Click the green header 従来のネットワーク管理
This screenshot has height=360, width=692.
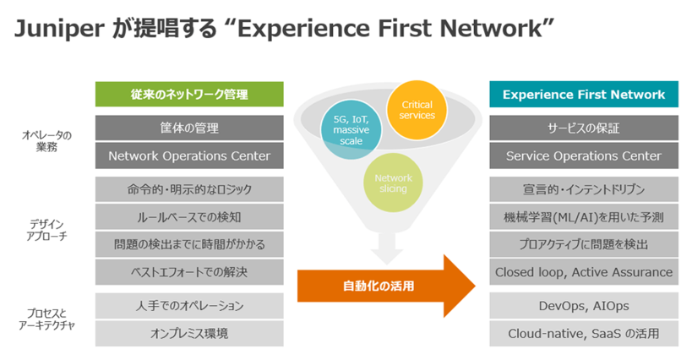pyautogui.click(x=188, y=94)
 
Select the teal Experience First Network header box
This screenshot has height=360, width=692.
pyautogui.click(x=583, y=94)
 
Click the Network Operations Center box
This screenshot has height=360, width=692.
pyautogui.click(x=188, y=155)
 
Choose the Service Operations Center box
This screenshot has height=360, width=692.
pyautogui.click(x=583, y=155)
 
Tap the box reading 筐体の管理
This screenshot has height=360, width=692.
pyautogui.click(x=188, y=128)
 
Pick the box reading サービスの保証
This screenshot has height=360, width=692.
pyautogui.click(x=583, y=128)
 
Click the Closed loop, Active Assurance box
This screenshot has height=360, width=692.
pyautogui.click(x=583, y=272)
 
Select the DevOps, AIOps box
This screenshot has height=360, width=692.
pyautogui.click(x=583, y=306)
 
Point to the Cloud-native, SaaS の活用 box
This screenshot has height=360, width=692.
pyautogui.click(x=583, y=333)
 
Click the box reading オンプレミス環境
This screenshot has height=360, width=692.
pyautogui.click(x=188, y=333)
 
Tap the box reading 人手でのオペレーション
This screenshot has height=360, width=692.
pyautogui.click(x=188, y=306)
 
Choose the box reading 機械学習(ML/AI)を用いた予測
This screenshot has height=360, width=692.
pyautogui.click(x=583, y=217)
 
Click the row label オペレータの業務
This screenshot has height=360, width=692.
pyautogui.click(x=47, y=141)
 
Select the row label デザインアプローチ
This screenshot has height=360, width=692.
pyautogui.click(x=47, y=231)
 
